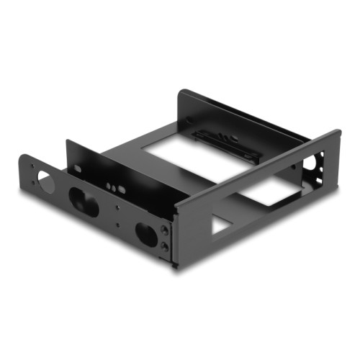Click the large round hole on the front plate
click(46, 180)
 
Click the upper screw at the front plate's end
click(165, 230)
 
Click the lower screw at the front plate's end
click(165, 246)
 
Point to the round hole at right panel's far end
click(310, 163)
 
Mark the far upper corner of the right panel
click(338, 131)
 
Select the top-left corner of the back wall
click(181, 91)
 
